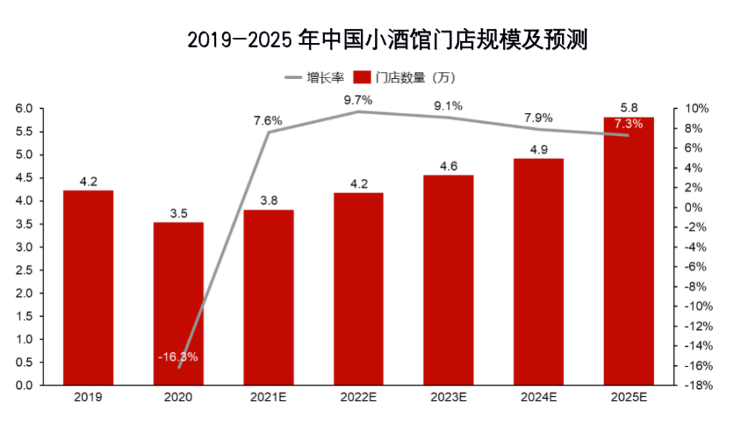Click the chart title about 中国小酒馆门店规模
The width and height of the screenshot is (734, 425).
(x=387, y=40)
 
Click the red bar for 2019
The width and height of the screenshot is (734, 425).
(x=88, y=288)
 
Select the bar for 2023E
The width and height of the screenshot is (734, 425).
(x=449, y=279)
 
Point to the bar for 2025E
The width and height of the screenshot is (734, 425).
(x=628, y=251)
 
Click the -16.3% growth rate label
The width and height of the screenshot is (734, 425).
(x=177, y=357)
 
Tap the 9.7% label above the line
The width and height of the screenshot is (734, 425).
(x=358, y=101)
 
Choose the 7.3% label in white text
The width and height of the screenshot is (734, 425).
(x=628, y=124)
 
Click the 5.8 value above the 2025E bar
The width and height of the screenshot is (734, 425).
(x=629, y=107)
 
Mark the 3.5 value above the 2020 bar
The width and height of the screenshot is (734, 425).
(x=178, y=214)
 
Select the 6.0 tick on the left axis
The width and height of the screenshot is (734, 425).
(x=24, y=109)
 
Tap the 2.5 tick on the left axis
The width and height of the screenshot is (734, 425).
(x=24, y=271)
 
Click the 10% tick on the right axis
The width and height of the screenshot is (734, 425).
(x=697, y=109)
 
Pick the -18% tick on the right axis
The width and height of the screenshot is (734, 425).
(x=696, y=386)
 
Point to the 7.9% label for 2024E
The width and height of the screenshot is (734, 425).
(x=538, y=117)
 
